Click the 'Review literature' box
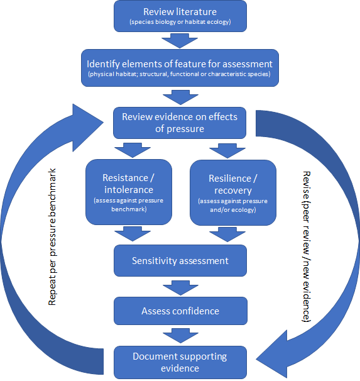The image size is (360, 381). tap(180, 16)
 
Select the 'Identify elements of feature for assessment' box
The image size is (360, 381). tap(180, 68)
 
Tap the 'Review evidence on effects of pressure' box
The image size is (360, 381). tap(180, 123)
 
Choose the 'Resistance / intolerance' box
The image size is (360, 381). tap(129, 192)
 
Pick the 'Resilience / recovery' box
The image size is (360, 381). tap(233, 192)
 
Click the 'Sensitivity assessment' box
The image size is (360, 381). tap(180, 260)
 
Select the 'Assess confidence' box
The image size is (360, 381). tap(180, 311)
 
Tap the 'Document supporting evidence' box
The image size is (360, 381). tap(180, 362)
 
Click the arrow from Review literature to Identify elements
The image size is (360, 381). tap(180, 41)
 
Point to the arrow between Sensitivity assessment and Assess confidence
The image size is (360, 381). tap(180, 288)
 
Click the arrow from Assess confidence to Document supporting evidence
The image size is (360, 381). tap(180, 336)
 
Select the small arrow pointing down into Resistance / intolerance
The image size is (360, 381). tap(133, 150)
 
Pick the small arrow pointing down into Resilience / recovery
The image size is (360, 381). tap(227, 151)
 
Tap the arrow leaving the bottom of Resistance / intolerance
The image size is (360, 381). tap(133, 234)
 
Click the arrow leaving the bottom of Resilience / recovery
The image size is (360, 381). tap(227, 235)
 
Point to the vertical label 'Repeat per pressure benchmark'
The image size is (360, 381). tap(52, 237)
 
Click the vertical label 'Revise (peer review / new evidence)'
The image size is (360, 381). tap(307, 246)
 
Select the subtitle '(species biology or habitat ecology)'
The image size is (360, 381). tap(180, 22)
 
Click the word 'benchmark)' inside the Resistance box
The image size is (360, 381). tap(129, 209)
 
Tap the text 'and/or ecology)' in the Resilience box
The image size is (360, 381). tap(233, 210)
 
